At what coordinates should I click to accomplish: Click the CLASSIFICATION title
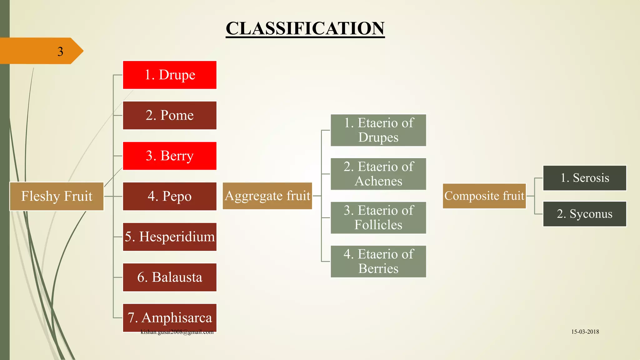(x=305, y=28)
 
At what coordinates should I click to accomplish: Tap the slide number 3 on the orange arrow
(x=60, y=52)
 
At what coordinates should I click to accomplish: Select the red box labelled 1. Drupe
(x=170, y=75)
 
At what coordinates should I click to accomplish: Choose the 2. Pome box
(x=170, y=115)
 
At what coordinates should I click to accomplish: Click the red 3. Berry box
(x=170, y=156)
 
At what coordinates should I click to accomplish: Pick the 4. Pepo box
(x=170, y=196)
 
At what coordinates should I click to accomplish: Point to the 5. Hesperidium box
(x=170, y=237)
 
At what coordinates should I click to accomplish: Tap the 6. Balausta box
(x=170, y=277)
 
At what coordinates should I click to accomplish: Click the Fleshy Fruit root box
(x=57, y=196)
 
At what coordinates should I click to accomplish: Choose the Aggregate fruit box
(x=267, y=196)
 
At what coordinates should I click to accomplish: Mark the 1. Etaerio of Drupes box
(x=378, y=130)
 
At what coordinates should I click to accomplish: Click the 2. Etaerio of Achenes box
(x=378, y=174)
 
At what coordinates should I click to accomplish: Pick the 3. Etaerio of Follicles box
(x=378, y=218)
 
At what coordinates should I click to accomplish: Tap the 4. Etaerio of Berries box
(x=378, y=262)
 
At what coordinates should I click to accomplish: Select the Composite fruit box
(x=484, y=196)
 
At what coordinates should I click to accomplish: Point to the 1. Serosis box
(x=585, y=178)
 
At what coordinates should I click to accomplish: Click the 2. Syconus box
(x=585, y=214)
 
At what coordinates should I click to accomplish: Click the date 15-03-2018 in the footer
(x=585, y=332)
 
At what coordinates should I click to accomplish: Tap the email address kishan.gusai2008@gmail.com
(x=177, y=332)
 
